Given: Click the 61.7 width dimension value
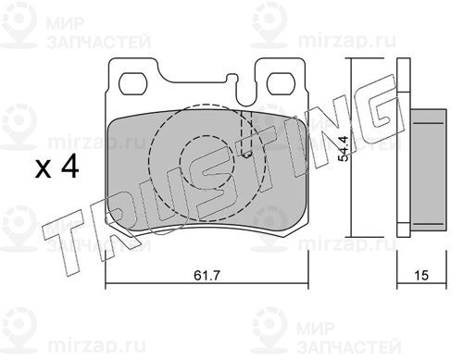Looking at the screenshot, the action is pos(206,275).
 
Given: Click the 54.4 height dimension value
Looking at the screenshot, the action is pos(344,149).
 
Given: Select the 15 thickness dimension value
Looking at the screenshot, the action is pos(421,275).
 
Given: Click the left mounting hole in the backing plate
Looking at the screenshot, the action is pos(132,84).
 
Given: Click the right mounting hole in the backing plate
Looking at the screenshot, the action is pos(281,83).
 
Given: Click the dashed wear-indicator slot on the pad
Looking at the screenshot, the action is pos(245,134).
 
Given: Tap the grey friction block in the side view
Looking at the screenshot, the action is pos(428,169).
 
